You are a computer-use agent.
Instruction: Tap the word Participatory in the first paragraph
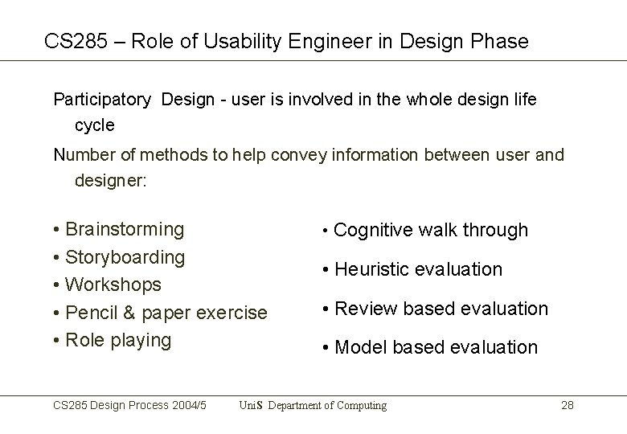coord(102,100)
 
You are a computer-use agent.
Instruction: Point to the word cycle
coord(95,125)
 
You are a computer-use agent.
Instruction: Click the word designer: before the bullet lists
coord(111,181)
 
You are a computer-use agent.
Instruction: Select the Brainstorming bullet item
coord(124,229)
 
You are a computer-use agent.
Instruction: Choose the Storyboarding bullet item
coord(125,257)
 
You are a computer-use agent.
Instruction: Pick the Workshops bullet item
coord(113,285)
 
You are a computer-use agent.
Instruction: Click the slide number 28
coord(567,405)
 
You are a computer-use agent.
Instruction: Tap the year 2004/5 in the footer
coord(191,405)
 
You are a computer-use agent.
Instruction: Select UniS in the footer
coord(251,405)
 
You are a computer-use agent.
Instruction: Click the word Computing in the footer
coord(360,405)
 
